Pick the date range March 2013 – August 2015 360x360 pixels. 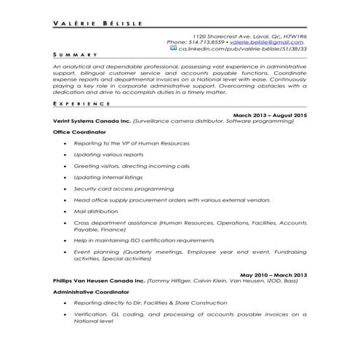269,115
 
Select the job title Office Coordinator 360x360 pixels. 79,132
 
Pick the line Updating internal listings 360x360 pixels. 105,177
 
